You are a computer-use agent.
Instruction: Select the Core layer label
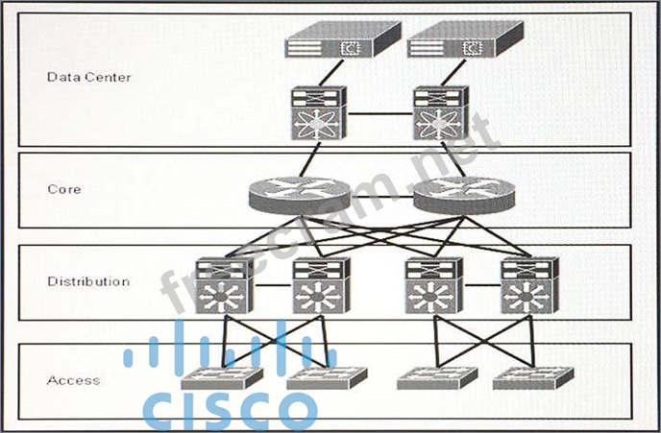coord(64,189)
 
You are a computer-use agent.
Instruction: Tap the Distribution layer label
coord(88,281)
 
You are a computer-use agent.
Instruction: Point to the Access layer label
coord(73,380)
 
